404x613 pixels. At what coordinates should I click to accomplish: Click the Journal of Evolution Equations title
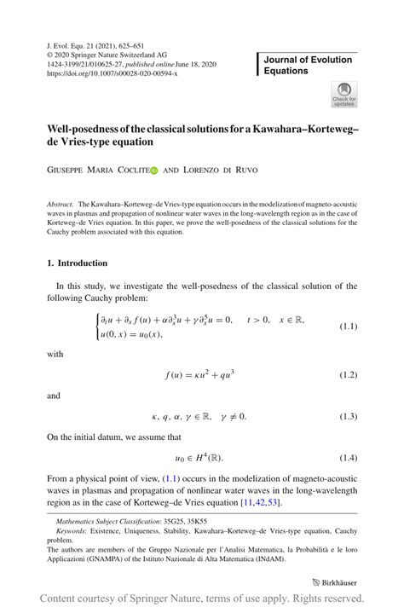(308, 65)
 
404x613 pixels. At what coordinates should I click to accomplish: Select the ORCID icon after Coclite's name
(154, 171)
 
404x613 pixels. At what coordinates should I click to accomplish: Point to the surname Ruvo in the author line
(245, 171)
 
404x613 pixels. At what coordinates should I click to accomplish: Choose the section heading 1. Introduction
(78, 263)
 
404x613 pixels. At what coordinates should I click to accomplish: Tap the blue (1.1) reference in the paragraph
(211, 479)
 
